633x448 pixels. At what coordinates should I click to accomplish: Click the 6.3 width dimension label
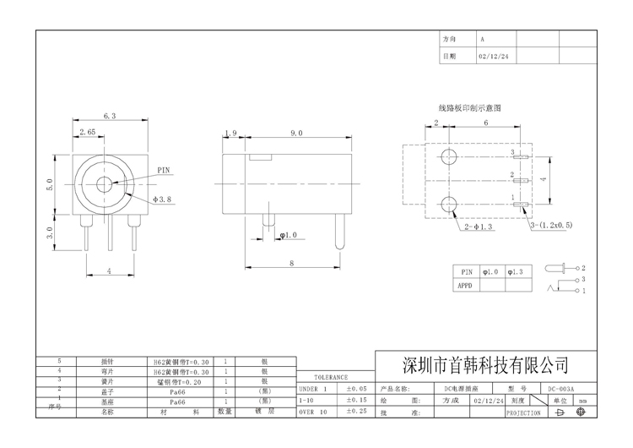pyautogui.click(x=109, y=116)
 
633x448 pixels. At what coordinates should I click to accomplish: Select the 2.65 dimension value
pyautogui.click(x=86, y=133)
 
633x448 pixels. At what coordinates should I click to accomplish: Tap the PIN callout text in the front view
pyautogui.click(x=164, y=170)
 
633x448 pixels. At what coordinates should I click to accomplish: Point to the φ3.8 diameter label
pyautogui.click(x=163, y=199)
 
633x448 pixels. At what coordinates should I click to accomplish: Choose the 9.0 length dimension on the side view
pyautogui.click(x=296, y=134)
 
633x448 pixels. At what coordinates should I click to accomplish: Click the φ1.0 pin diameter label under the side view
pyautogui.click(x=289, y=235)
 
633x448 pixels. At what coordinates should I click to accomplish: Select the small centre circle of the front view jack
pyautogui.click(x=106, y=183)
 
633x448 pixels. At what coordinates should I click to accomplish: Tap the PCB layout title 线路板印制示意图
pyautogui.click(x=469, y=108)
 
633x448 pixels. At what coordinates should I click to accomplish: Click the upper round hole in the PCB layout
pyautogui.click(x=449, y=157)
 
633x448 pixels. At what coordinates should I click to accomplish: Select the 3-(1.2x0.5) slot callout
pyautogui.click(x=551, y=227)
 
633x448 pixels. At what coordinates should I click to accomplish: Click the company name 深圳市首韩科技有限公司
pyautogui.click(x=483, y=365)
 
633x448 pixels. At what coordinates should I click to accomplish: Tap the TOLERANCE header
pyautogui.click(x=331, y=378)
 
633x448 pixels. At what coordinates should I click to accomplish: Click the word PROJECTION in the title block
pyautogui.click(x=523, y=413)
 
